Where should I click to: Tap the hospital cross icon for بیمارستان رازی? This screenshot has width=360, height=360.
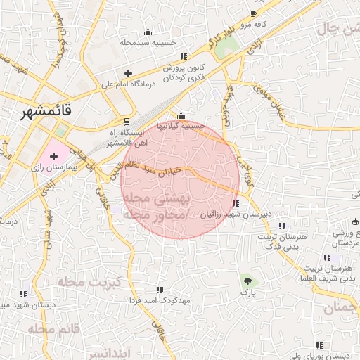point(53,155)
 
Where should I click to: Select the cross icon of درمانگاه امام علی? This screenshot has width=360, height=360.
point(127,73)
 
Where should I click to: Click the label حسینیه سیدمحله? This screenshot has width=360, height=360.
point(147,42)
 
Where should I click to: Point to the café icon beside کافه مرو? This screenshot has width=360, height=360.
point(253,14)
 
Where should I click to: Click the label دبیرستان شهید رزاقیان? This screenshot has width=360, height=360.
point(236,214)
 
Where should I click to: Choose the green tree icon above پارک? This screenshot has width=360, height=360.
point(246,279)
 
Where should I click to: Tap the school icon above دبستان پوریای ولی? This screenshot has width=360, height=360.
point(320,345)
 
